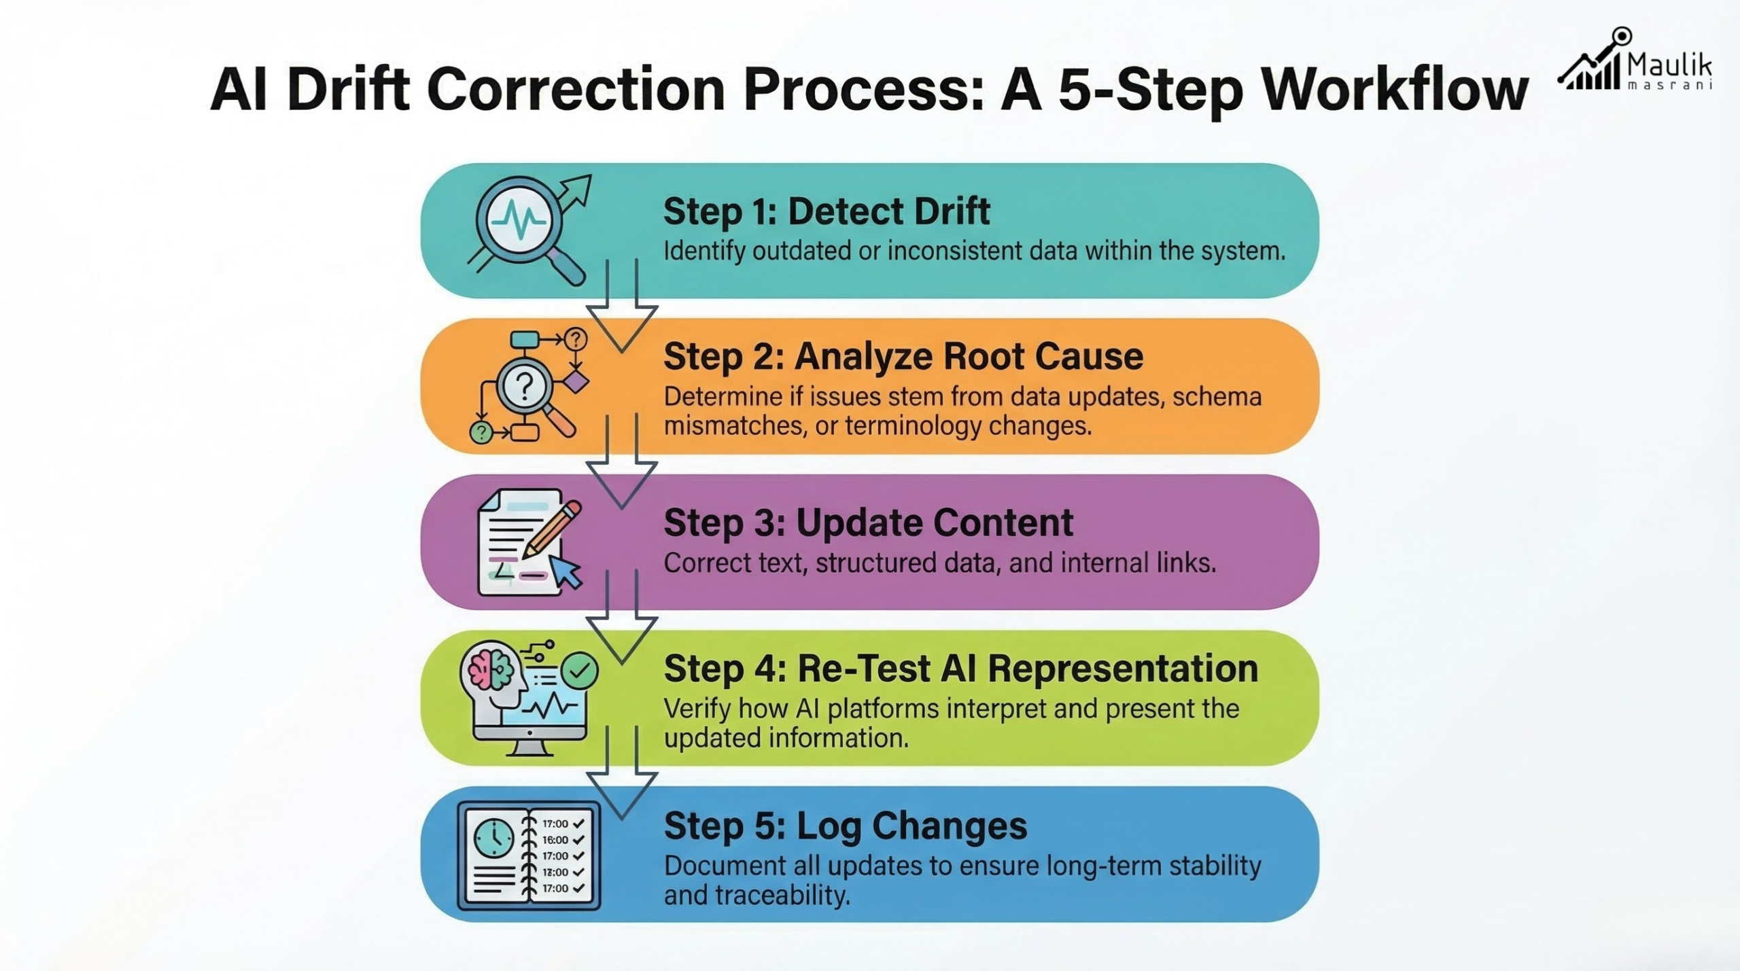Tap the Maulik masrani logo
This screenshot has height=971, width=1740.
click(1635, 61)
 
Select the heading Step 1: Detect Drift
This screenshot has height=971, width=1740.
click(826, 211)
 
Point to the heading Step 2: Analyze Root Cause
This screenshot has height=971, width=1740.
click(903, 356)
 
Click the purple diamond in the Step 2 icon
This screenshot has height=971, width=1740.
click(576, 381)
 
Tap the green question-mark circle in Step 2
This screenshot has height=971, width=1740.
click(481, 432)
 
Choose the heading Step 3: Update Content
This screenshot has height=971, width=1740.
click(868, 523)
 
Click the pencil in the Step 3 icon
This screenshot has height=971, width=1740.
click(552, 530)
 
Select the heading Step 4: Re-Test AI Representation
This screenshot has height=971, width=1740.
click(960, 669)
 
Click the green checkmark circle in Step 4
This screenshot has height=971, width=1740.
click(580, 671)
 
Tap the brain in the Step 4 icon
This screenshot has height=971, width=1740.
click(491, 667)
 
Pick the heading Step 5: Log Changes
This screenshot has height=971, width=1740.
click(845, 826)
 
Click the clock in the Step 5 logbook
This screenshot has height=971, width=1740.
click(494, 838)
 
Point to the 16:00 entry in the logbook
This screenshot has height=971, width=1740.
click(555, 840)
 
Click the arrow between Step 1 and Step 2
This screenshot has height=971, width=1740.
click(621, 313)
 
